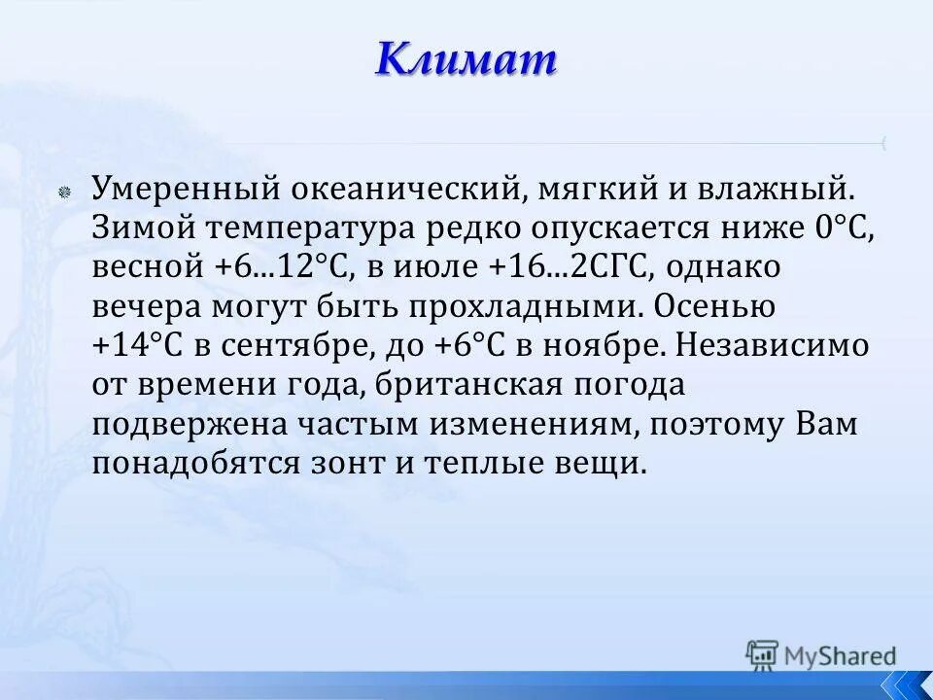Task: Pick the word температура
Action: point(305,228)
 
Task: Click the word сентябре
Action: point(293,345)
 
